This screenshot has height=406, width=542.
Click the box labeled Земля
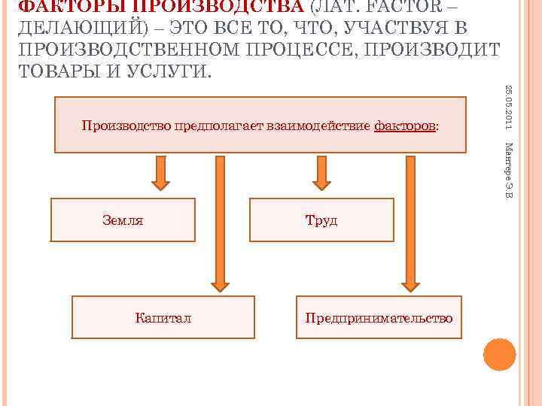pos(123,220)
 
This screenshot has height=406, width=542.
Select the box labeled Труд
pos(321,220)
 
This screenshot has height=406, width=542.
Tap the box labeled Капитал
pos(163,317)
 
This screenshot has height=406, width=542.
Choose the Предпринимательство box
pos(379,317)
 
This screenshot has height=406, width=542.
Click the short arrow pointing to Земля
pos(160,174)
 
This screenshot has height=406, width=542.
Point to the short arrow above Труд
pos(321,174)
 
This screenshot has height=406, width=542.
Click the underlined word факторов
pos(404,125)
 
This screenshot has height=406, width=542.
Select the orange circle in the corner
pos(499,354)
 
